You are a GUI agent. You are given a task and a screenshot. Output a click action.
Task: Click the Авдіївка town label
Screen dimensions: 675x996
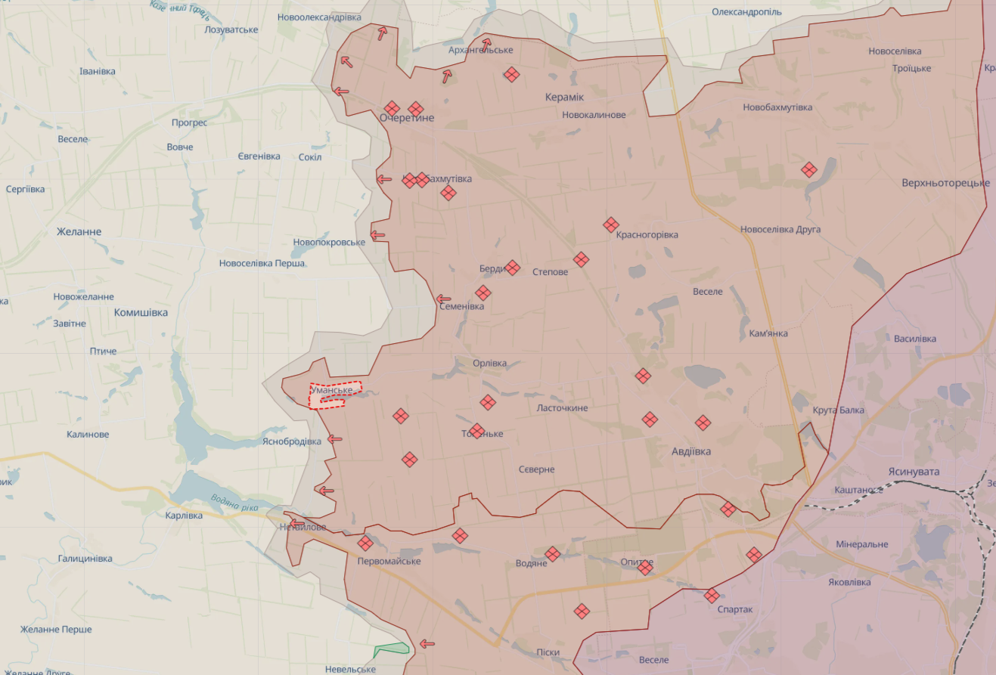click(691, 451)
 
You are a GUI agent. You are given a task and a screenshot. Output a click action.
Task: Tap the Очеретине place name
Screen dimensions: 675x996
click(407, 119)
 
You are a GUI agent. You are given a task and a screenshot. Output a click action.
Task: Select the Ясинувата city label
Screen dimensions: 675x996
click(914, 472)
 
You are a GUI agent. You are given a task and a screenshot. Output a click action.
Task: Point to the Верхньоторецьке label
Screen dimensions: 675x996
click(945, 183)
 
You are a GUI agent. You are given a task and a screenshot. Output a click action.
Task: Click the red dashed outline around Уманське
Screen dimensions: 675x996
click(335, 395)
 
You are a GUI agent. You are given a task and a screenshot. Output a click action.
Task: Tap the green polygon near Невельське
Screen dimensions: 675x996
click(392, 649)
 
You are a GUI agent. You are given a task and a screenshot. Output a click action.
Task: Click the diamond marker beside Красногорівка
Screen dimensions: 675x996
click(611, 224)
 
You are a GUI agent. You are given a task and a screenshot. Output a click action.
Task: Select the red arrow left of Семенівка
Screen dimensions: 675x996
click(444, 299)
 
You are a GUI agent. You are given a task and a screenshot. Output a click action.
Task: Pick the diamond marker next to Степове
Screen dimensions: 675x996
click(581, 259)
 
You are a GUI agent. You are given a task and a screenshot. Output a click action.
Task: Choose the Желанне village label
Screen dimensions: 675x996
click(79, 231)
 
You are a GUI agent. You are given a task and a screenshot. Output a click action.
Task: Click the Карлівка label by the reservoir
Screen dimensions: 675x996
click(184, 516)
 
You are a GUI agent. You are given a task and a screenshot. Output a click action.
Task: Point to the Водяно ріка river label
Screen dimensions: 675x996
click(235, 502)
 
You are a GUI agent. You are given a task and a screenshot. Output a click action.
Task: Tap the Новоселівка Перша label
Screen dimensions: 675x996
click(262, 263)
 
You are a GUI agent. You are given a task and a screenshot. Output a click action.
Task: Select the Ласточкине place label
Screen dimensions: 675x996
click(562, 408)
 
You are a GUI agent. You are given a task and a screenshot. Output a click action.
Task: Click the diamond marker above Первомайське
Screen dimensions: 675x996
click(365, 543)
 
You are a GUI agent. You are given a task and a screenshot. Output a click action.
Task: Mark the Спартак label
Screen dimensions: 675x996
click(734, 609)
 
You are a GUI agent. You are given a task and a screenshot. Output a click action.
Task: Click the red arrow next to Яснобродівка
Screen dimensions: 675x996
click(334, 439)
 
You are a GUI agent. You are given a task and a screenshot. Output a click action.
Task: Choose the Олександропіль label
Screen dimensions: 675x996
click(746, 12)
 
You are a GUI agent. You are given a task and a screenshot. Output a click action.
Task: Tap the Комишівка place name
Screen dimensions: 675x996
click(141, 312)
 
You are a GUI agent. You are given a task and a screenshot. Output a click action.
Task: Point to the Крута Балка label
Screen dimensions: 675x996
click(838, 410)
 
